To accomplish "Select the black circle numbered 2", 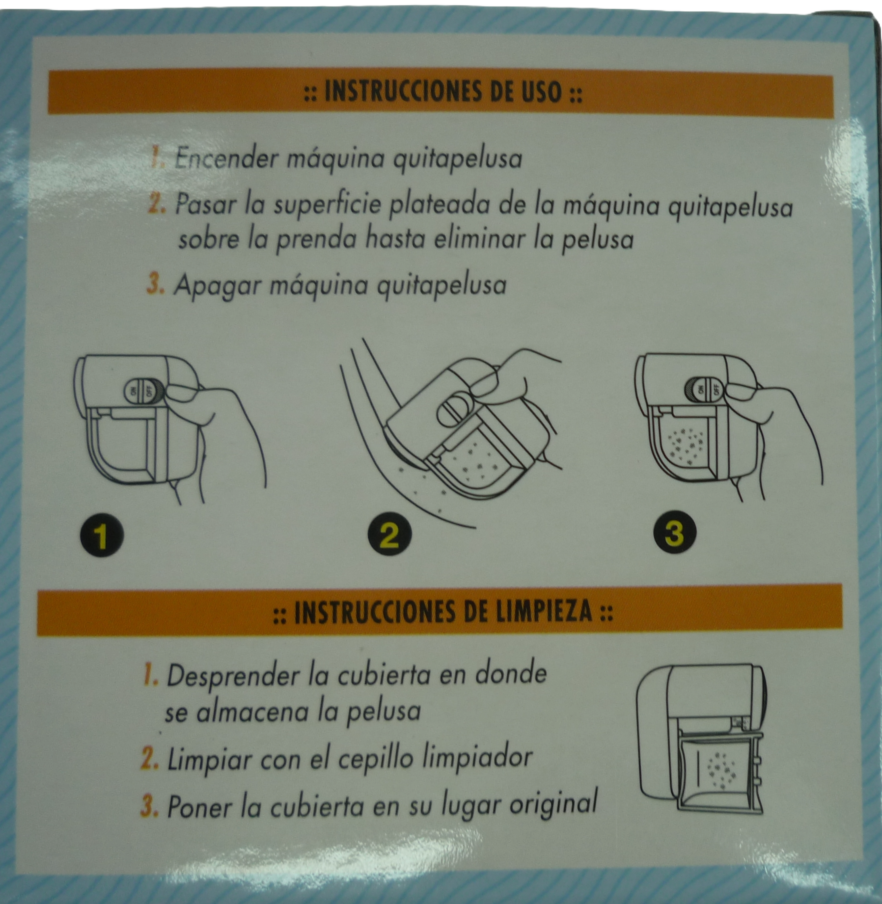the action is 390,536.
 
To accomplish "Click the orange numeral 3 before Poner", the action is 149,806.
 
